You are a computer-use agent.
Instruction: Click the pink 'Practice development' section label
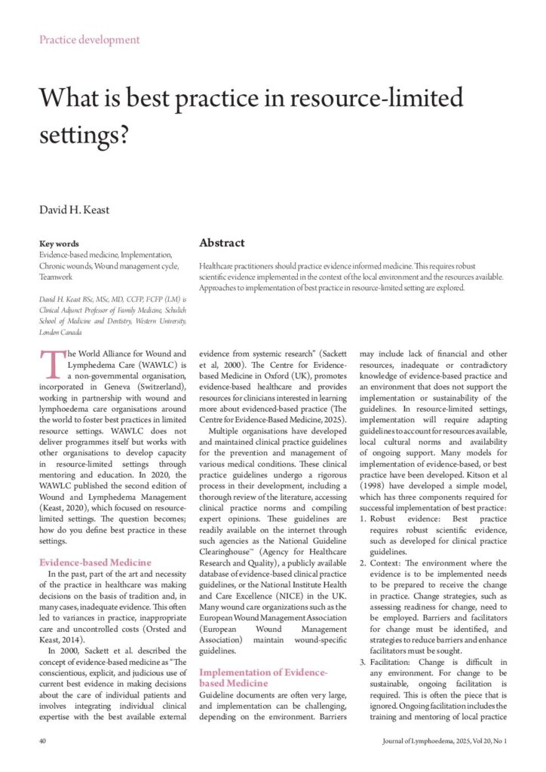(90, 39)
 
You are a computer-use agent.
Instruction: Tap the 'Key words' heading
(59, 244)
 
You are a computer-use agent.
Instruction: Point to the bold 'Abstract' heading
(222, 243)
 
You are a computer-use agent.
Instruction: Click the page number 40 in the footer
(44, 741)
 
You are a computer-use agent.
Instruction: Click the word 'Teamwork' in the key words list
(57, 277)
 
